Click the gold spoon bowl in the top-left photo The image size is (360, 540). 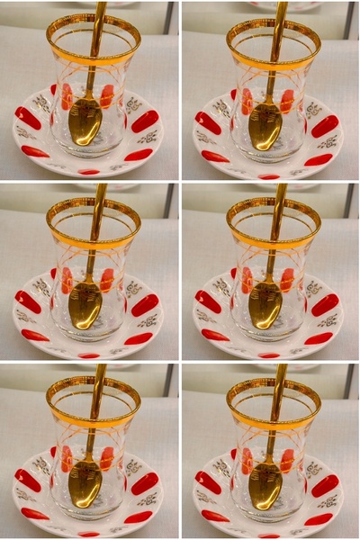85,124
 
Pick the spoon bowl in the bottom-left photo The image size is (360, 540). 85,484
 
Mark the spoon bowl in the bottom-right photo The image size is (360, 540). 265,484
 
